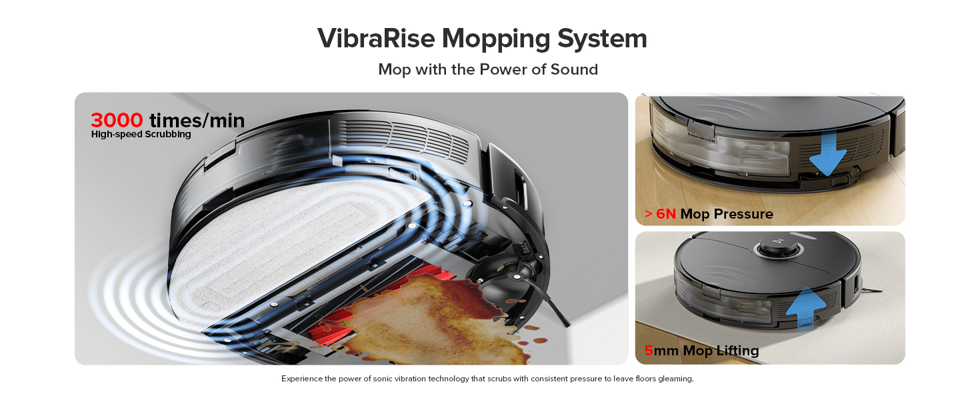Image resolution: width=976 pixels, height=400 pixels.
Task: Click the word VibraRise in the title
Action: pos(376,38)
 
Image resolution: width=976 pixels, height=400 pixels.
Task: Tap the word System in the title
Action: pos(602,38)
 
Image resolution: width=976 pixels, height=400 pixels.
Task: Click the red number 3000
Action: pos(117,120)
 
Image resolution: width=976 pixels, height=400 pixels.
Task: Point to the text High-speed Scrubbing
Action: pos(141,134)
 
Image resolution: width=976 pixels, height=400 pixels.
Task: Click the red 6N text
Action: pos(666,214)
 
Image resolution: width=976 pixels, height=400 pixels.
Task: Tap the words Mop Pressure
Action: pos(727,214)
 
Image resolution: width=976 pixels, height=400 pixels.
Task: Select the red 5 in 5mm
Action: pos(649,351)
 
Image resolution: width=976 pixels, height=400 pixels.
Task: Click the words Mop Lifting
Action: pos(721,351)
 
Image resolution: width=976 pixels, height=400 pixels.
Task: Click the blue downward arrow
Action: pos(827,152)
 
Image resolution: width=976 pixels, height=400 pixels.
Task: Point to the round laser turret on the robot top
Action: pos(773,249)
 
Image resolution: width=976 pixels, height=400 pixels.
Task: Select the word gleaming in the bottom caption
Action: pos(675,379)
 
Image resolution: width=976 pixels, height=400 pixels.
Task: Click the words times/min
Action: pos(197,120)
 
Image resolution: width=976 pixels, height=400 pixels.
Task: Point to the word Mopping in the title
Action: pos(497,38)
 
